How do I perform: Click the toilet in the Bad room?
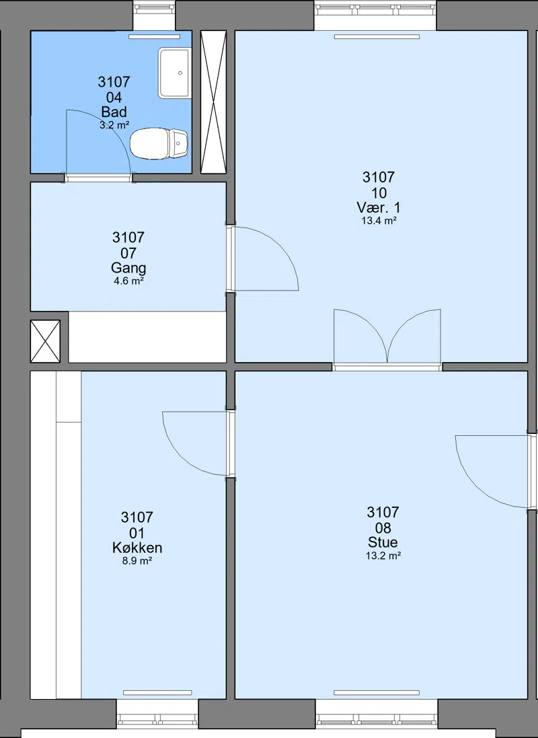coord(159,143)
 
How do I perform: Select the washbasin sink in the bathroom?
coord(174,73)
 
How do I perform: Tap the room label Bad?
coord(114,112)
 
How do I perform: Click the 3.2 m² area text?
coord(114,125)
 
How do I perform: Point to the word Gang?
coord(128,268)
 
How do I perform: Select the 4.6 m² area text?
coord(128,281)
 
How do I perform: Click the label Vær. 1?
coord(379,207)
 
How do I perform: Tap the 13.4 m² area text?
coord(379,220)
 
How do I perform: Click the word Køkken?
coord(137,548)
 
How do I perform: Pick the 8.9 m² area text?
coord(137,560)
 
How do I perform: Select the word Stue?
coord(383,542)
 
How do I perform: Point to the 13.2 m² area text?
coord(383,556)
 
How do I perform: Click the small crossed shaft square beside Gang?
coord(45,341)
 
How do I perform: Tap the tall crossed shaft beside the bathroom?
coord(213,102)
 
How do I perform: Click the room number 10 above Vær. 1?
coord(379,192)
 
